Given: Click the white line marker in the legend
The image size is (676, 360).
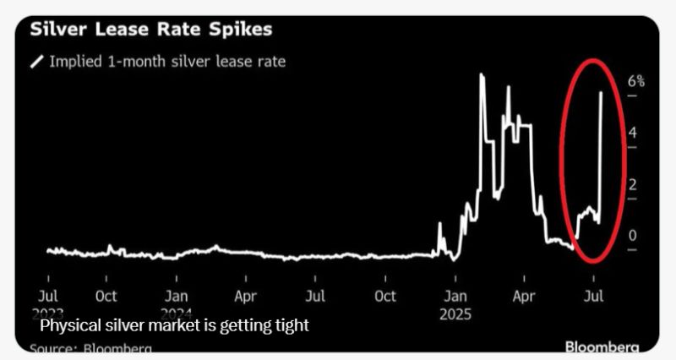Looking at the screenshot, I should (x=37, y=61).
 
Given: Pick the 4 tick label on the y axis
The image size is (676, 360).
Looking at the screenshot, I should (x=632, y=134).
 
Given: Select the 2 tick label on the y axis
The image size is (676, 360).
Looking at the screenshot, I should (x=632, y=185).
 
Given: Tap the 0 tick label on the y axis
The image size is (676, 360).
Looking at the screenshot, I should (x=632, y=236).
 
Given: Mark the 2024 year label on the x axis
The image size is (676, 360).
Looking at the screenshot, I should (x=176, y=313).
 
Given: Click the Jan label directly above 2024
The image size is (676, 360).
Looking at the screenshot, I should (x=176, y=297).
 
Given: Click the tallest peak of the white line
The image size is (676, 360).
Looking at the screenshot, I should (x=481, y=75).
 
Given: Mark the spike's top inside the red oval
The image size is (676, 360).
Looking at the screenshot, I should (x=600, y=93).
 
